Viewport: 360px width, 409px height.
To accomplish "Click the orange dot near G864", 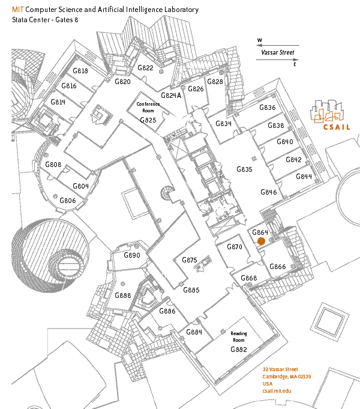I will click(261, 241).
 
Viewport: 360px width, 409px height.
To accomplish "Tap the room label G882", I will click(239, 350).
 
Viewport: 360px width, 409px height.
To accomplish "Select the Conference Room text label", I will click(148, 108).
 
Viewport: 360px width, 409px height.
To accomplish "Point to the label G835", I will click(244, 169).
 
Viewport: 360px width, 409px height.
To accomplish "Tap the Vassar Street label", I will click(278, 52).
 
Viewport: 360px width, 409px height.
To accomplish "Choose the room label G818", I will click(80, 71).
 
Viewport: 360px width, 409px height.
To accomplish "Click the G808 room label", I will click(53, 165).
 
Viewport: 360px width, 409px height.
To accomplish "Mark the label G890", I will click(131, 255).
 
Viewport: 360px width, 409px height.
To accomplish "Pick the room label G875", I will click(189, 260).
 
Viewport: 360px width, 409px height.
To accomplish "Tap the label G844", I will click(304, 177).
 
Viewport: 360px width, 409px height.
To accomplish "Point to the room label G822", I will click(146, 68).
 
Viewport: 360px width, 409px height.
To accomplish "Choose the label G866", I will click(277, 267).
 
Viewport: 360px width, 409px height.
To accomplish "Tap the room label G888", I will click(122, 295).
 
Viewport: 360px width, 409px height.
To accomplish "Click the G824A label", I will click(171, 95).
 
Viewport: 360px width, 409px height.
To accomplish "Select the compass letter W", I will click(260, 41).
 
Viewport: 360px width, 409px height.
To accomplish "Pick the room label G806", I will click(67, 201).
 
